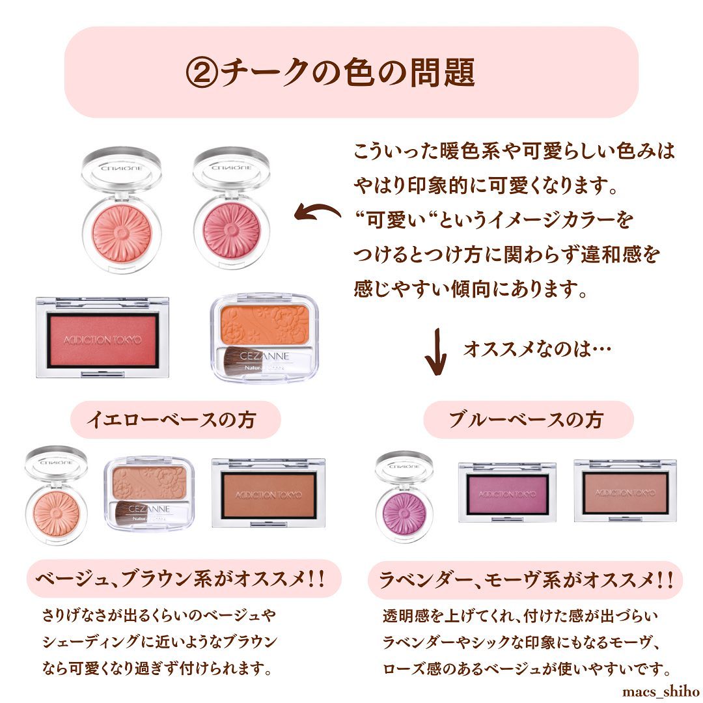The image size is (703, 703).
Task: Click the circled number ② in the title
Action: click(x=202, y=73)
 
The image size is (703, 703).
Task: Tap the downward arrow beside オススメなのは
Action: click(x=435, y=351)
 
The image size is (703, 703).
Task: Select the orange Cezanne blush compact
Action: click(x=264, y=337)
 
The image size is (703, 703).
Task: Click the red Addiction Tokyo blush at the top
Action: click(x=102, y=338)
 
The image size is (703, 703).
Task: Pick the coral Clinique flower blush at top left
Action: click(x=122, y=210)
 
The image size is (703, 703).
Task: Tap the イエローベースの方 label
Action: click(x=175, y=420)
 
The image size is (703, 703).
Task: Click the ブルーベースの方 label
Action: click(x=528, y=420)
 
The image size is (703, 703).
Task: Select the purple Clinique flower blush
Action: click(x=404, y=497)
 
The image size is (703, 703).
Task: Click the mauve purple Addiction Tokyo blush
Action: click(x=507, y=493)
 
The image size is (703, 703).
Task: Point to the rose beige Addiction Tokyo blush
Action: click(x=625, y=491)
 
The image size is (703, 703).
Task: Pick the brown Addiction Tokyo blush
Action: click(x=268, y=493)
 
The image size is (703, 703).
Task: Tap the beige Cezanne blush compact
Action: click(x=149, y=493)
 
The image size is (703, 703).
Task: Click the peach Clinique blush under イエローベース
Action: click(x=56, y=495)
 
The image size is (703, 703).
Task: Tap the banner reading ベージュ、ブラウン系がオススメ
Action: click(x=184, y=579)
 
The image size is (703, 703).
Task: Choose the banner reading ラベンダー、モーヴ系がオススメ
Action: click(x=525, y=580)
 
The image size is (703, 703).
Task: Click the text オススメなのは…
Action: click(x=537, y=350)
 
